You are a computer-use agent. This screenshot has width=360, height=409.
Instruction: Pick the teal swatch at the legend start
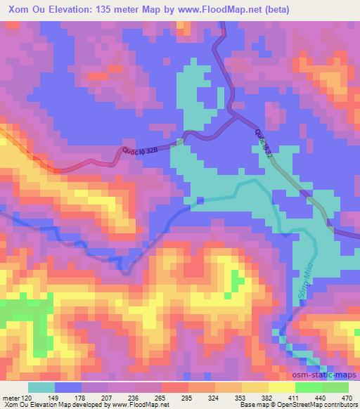click(x=41, y=387)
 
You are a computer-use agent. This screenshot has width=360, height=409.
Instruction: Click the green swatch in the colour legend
click(x=323, y=387)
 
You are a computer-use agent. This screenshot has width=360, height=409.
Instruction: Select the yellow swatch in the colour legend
click(x=282, y=387)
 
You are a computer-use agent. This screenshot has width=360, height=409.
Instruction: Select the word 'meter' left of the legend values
click(x=11, y=397)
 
